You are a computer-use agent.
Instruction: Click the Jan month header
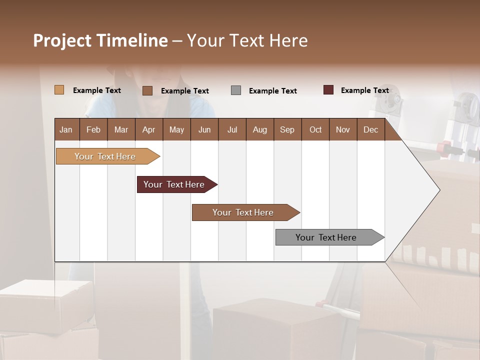tap(66, 129)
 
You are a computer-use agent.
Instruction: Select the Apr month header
tap(148, 129)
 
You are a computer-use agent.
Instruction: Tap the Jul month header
tap(232, 129)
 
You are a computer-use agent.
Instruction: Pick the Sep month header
tap(287, 129)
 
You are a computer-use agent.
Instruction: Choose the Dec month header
tap(370, 129)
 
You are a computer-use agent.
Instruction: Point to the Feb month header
tap(93, 129)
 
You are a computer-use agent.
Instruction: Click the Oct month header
tap(315, 129)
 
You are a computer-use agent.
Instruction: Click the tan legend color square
tap(59, 90)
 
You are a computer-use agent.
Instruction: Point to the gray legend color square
tap(236, 90)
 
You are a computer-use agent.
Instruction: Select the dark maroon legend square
tap(328, 90)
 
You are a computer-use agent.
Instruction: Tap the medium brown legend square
tap(147, 90)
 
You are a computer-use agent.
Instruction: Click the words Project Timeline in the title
tap(100, 40)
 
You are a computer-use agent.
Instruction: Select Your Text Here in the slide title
tap(247, 40)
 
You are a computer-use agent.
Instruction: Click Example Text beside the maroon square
tap(364, 90)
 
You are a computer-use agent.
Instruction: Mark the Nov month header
tap(343, 129)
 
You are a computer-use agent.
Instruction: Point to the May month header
tap(176, 129)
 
